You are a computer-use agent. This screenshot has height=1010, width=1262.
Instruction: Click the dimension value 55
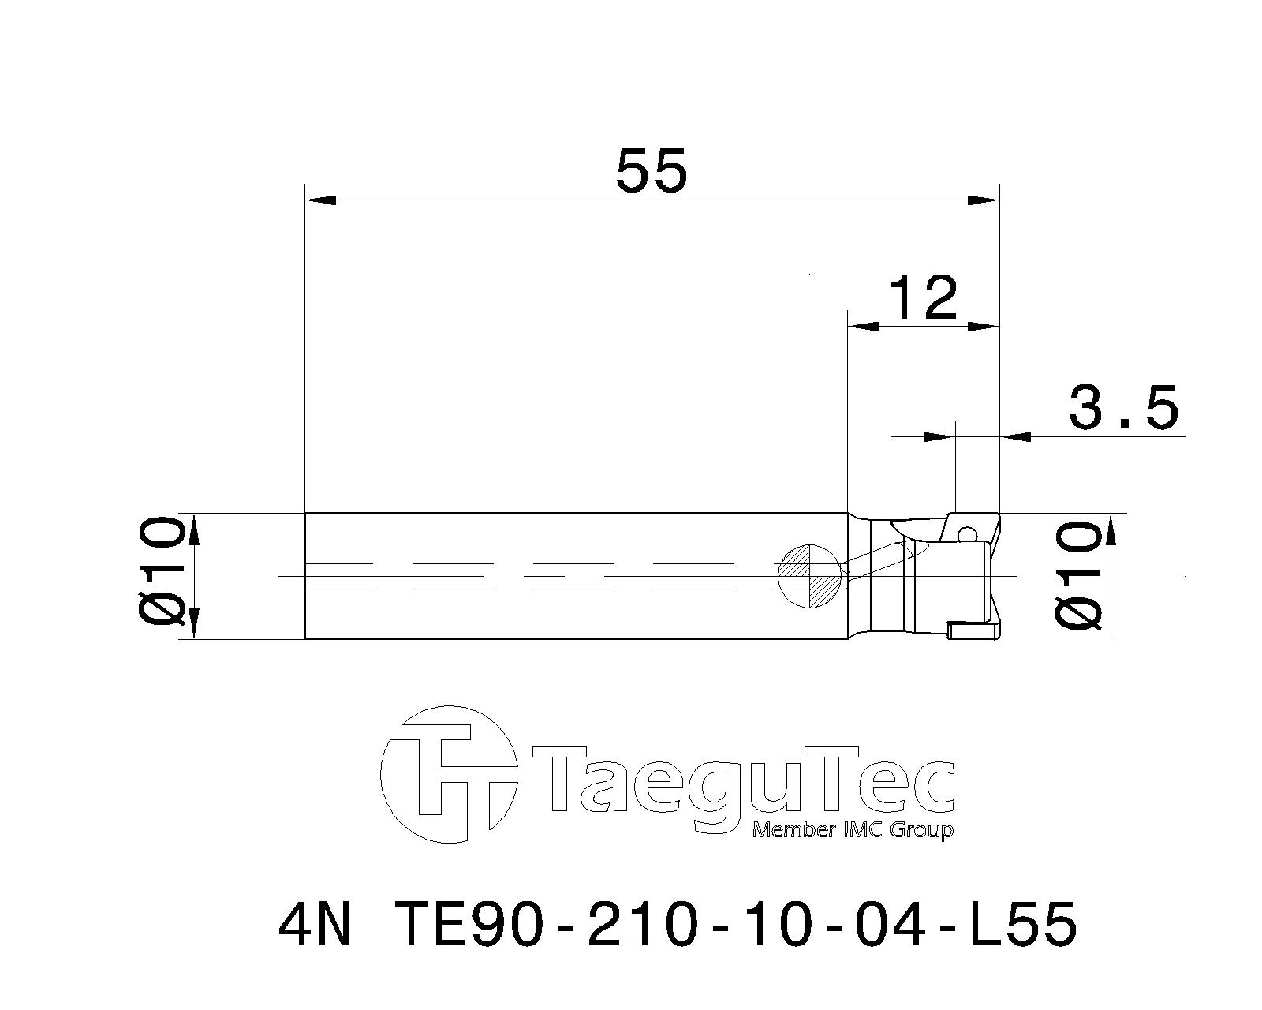click(652, 170)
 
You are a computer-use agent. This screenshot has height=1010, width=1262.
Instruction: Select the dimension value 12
click(923, 298)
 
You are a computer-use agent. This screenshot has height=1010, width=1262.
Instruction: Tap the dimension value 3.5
click(1123, 408)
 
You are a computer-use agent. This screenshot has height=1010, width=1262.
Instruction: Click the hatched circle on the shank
click(810, 577)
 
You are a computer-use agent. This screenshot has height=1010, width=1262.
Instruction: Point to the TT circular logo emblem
click(450, 773)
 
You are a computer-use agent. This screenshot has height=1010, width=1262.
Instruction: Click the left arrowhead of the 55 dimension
click(320, 200)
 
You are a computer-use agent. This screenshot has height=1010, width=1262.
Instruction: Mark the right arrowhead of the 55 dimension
click(984, 200)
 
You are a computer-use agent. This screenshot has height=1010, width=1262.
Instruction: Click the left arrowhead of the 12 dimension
click(862, 326)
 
